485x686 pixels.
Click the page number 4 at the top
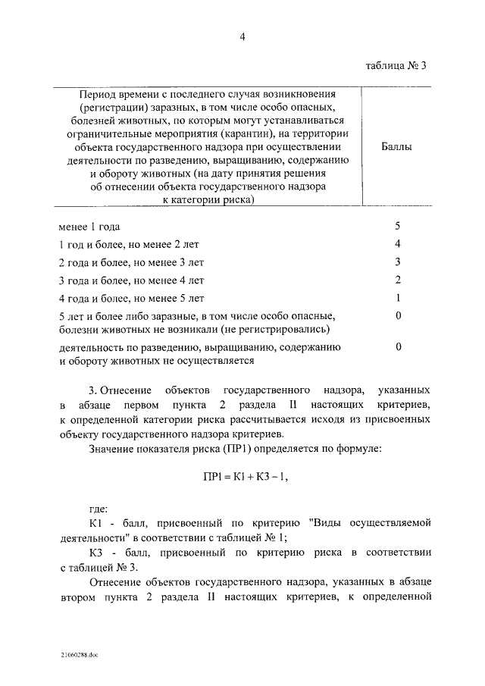(x=243, y=35)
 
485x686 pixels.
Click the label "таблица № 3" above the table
(x=392, y=65)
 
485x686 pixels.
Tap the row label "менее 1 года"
(x=89, y=227)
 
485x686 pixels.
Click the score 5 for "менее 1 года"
(x=397, y=226)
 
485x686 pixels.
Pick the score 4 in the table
(x=397, y=243)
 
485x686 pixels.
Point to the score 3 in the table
(x=397, y=262)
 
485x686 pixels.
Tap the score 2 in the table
(x=397, y=280)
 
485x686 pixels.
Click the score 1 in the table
(x=397, y=297)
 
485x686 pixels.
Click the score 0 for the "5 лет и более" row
(x=397, y=315)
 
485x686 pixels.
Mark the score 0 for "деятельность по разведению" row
(x=397, y=346)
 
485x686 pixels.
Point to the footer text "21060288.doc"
(x=76, y=655)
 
